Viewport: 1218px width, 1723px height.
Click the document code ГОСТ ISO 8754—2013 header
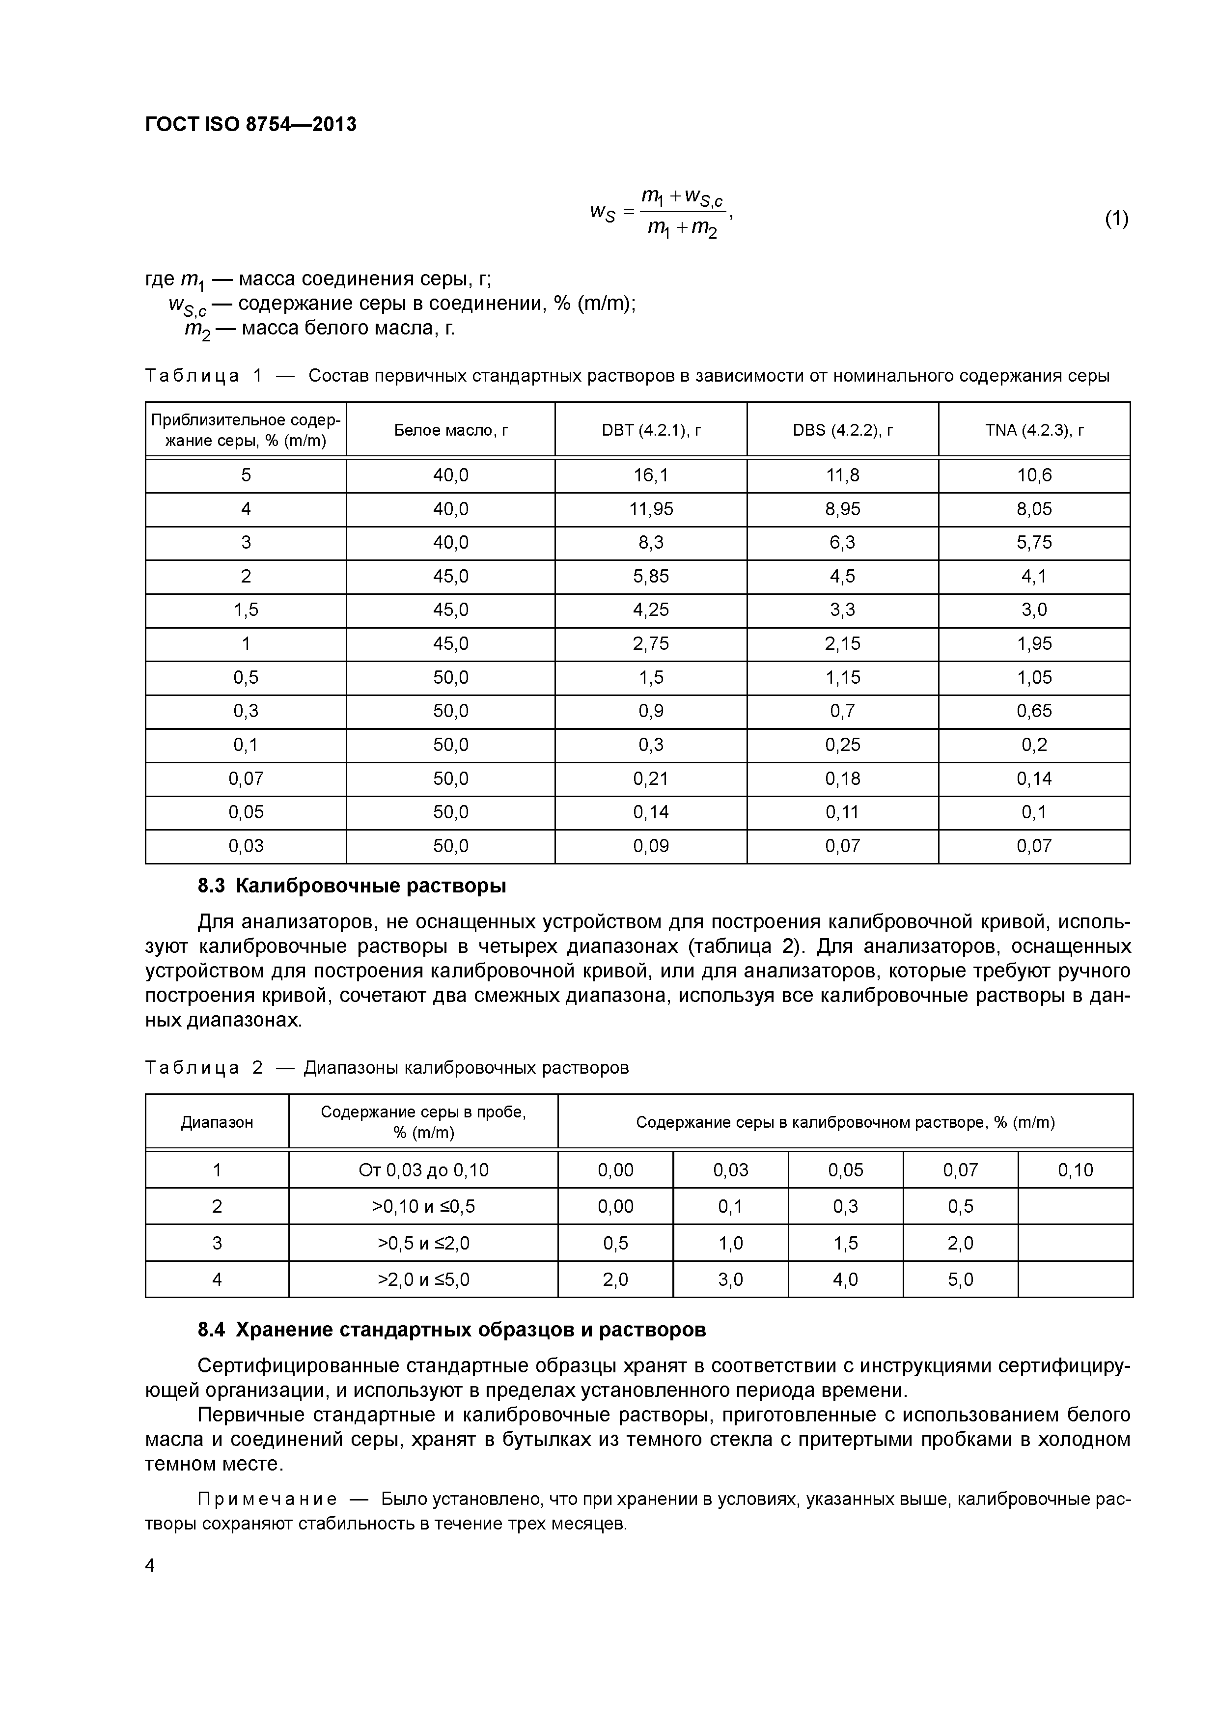pyautogui.click(x=250, y=125)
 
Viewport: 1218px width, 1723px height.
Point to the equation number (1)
pyautogui.click(x=1116, y=219)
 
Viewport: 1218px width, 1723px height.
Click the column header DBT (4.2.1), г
pyautogui.click(x=651, y=430)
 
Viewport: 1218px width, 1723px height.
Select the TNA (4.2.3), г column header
pyautogui.click(x=1034, y=430)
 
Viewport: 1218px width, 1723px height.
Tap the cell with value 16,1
pyautogui.click(x=651, y=475)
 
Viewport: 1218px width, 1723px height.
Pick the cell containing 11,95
pyautogui.click(x=651, y=509)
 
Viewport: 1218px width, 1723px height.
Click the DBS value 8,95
pyautogui.click(x=842, y=509)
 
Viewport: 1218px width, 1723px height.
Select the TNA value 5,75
pyautogui.click(x=1034, y=543)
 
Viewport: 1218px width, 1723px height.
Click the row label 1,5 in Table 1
pyautogui.click(x=246, y=610)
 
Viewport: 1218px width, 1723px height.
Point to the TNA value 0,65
pyautogui.click(x=1034, y=711)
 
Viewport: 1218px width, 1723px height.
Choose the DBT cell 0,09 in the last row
pyautogui.click(x=651, y=846)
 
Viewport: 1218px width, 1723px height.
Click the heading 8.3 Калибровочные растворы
pyautogui.click(x=351, y=886)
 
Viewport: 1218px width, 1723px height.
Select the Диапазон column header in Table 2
pyautogui.click(x=217, y=1122)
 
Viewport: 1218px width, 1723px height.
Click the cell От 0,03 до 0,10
pyautogui.click(x=423, y=1170)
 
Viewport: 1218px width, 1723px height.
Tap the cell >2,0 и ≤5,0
pyautogui.click(x=423, y=1279)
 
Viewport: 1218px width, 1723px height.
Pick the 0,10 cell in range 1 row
pyautogui.click(x=1075, y=1170)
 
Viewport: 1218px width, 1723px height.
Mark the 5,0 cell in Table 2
pyautogui.click(x=960, y=1279)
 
